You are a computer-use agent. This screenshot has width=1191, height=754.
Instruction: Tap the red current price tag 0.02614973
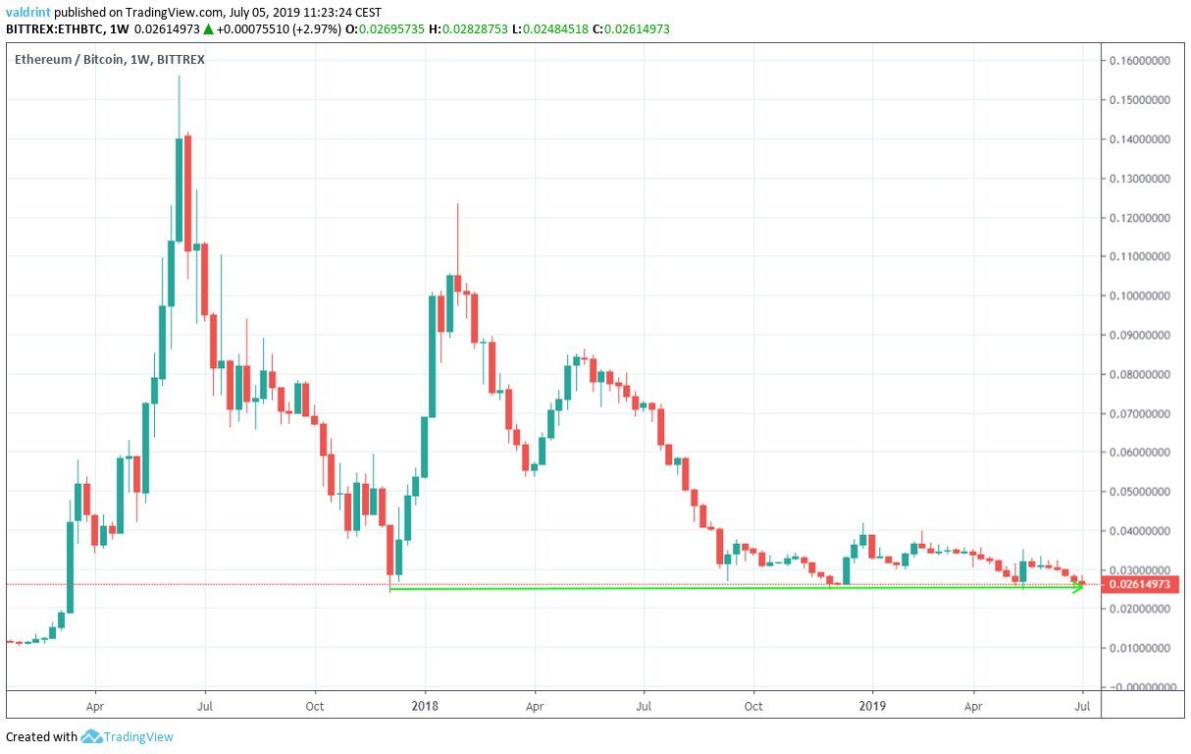(x=1139, y=585)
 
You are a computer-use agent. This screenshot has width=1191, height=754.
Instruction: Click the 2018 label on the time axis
(x=425, y=705)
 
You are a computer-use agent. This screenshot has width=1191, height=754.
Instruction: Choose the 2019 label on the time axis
(x=872, y=705)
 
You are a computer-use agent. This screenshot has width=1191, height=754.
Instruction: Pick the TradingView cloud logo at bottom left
(x=92, y=736)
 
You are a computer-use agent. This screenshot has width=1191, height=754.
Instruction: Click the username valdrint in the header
(x=28, y=12)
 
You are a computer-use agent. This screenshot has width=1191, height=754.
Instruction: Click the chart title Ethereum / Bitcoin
(x=69, y=61)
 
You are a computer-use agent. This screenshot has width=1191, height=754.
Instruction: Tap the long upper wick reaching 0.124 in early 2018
(x=457, y=236)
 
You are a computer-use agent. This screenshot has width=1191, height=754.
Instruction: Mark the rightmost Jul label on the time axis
(x=1082, y=705)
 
